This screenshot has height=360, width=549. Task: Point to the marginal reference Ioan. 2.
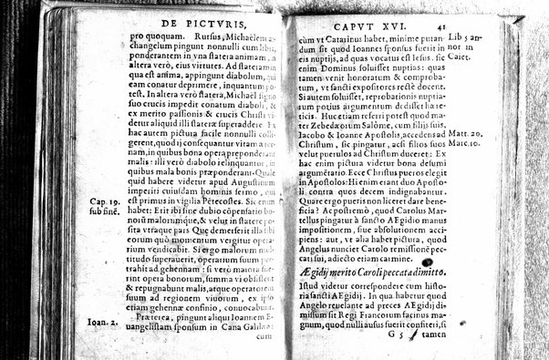coord(88,321)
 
